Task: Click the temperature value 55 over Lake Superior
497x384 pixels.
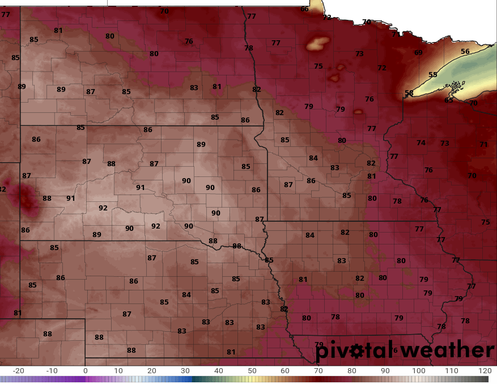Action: click(433, 75)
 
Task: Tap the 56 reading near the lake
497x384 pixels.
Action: click(465, 52)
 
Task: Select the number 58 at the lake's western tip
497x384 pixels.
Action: click(409, 93)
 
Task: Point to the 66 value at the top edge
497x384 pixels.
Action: click(305, 9)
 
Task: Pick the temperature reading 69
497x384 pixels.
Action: click(418, 53)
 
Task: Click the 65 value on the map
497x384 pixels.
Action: click(449, 100)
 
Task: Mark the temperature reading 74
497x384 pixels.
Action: click(420, 143)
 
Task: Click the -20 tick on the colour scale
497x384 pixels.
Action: click(19, 370)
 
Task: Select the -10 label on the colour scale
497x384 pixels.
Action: click(52, 370)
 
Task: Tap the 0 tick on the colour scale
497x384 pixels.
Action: click(86, 370)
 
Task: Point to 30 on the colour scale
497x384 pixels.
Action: click(185, 370)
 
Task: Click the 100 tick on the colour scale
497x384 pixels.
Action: click(418, 370)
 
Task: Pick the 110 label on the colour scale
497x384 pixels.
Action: click(452, 370)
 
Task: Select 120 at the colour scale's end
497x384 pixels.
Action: click(485, 370)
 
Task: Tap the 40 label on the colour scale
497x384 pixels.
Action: click(219, 370)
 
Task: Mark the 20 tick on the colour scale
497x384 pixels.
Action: click(152, 370)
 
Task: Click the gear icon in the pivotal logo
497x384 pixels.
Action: click(357, 351)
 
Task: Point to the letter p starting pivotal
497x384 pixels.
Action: click(322, 352)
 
